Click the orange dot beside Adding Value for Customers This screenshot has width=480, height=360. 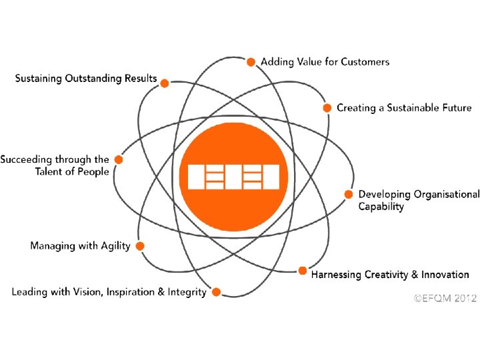(251, 62)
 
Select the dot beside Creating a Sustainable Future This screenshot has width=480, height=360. (327, 107)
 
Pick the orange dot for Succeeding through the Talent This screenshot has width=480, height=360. (118, 159)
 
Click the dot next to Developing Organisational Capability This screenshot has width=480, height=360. (348, 194)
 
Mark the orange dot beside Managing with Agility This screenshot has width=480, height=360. (140, 246)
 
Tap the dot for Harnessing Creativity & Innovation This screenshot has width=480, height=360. (302, 271)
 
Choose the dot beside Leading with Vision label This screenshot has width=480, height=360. (215, 291)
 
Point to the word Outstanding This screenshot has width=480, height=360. (95, 79)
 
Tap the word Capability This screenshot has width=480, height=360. (381, 207)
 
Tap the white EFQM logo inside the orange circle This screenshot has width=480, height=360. (233, 177)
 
